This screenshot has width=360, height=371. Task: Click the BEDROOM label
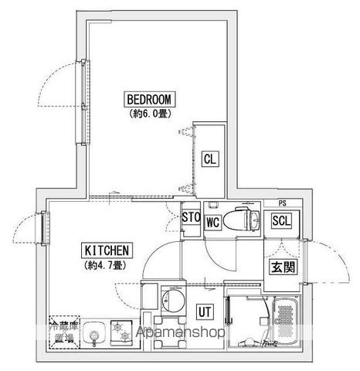(x=151, y=99)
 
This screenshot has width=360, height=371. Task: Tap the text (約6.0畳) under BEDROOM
(x=151, y=113)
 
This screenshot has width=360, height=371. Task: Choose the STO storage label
(x=191, y=217)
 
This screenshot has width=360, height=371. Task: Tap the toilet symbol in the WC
(x=246, y=218)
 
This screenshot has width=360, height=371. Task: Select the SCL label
(x=282, y=220)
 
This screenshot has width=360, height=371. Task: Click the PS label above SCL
(x=285, y=203)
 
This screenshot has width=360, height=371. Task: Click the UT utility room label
(x=205, y=311)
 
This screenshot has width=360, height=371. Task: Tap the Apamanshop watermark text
(x=181, y=332)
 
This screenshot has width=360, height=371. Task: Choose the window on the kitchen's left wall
(x=43, y=229)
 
